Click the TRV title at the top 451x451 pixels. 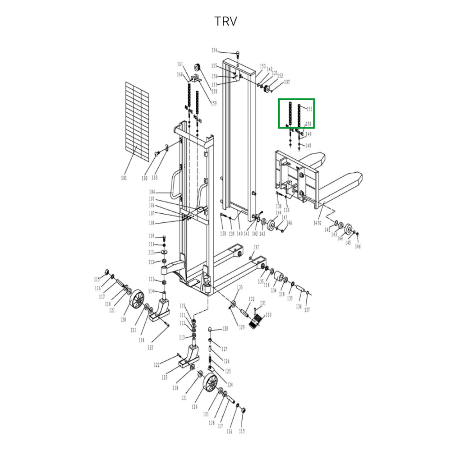click(x=225, y=21)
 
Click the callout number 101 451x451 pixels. click(x=124, y=178)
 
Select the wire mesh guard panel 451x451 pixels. click(x=137, y=121)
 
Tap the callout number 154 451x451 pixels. click(x=215, y=51)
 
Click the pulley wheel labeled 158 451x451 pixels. click(x=197, y=66)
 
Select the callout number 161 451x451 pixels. click(x=180, y=64)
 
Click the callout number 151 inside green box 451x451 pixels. click(x=309, y=109)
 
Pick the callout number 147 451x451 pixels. click(x=318, y=223)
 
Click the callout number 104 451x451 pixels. click(x=152, y=192)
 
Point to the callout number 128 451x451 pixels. click(x=225, y=329)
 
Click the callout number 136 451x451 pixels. click(x=299, y=307)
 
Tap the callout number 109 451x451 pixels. click(x=152, y=236)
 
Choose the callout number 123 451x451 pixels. click(x=165, y=377)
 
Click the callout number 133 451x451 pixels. click(x=239, y=287)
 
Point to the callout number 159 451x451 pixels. click(x=214, y=103)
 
